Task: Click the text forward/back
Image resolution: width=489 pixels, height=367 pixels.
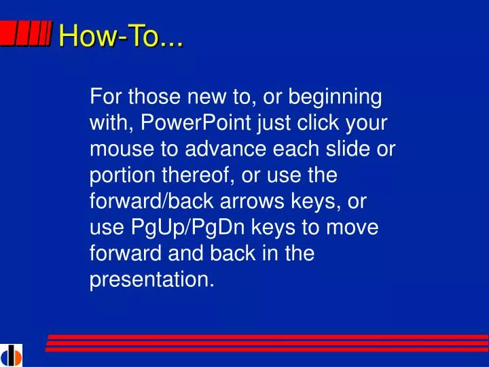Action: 145,201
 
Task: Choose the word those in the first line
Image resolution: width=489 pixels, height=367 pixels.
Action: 145,98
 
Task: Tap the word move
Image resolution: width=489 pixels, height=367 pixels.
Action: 352,227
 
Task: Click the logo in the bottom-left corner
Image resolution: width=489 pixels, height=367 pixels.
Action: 12,355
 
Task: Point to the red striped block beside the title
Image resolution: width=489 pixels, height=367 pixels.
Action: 26,35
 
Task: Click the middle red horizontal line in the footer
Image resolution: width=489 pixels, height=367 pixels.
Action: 268,343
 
